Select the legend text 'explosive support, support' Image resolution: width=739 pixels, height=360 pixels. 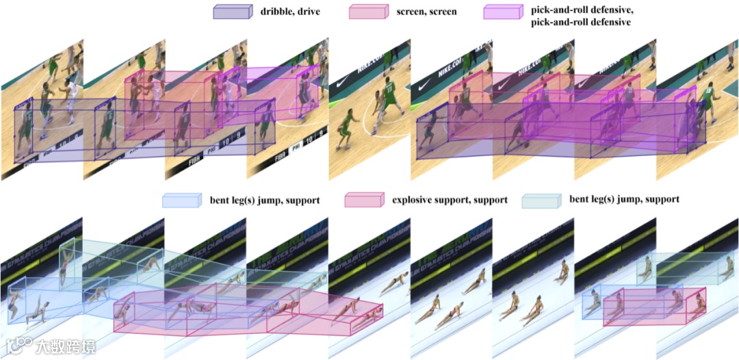450,200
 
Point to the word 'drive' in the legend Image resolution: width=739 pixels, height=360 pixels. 309,12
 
